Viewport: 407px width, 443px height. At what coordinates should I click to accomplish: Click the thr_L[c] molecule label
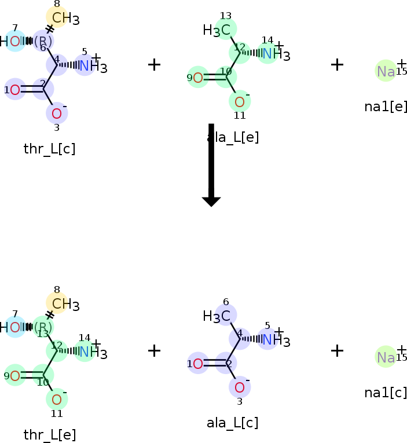point(49,149)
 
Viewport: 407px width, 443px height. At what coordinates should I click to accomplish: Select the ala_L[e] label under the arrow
point(233,138)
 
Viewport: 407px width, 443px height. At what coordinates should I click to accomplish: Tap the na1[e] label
point(386,107)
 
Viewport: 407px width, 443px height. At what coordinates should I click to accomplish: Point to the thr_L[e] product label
point(49,435)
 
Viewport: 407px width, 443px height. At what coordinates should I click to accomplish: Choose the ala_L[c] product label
point(232,423)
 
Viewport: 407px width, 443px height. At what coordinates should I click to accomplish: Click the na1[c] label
point(386,393)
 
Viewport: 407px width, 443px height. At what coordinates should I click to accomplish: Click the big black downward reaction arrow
point(211,164)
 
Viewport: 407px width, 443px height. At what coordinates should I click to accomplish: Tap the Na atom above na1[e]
point(386,71)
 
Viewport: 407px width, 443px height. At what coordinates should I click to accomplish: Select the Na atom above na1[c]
point(386,357)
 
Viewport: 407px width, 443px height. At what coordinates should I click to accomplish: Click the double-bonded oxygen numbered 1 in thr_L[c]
point(15,90)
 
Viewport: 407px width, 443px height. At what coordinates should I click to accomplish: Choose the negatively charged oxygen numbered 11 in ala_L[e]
point(239,102)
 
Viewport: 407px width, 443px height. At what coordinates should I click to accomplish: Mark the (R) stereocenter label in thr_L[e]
point(43,327)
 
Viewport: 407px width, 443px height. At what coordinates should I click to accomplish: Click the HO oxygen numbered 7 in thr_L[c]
point(16,41)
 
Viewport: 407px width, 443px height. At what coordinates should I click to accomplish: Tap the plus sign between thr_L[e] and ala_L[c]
point(154,350)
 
